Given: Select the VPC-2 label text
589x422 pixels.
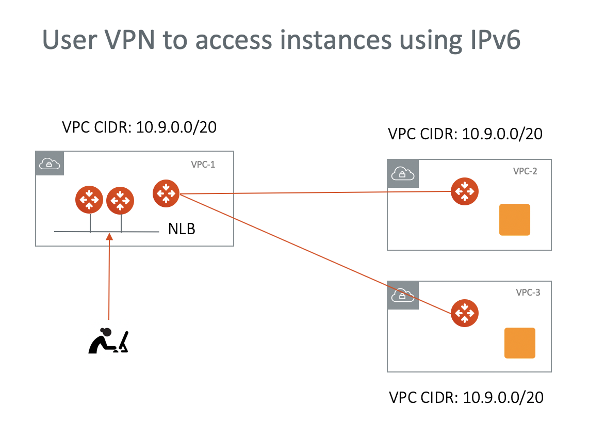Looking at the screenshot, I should [525, 171].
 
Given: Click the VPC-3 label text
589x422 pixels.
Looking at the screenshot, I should [528, 293].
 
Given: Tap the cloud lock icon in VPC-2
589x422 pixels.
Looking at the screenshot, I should [402, 173].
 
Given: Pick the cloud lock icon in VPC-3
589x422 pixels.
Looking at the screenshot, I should [402, 295].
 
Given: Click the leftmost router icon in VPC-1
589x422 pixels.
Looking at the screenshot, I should [89, 200].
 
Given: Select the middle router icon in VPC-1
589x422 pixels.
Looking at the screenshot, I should [120, 200].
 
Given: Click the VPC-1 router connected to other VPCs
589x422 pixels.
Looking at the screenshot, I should [166, 193].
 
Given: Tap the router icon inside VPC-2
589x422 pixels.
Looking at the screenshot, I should [465, 191].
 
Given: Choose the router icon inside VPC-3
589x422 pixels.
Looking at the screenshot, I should [465, 313].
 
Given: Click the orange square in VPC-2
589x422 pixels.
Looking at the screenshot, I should [514, 220].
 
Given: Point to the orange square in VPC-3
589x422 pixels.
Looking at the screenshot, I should [519, 343].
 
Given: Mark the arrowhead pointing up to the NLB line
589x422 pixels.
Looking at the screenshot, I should [109, 236].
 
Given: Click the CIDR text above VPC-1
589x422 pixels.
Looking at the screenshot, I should [139, 127].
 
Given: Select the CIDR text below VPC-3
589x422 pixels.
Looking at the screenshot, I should [466, 398].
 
